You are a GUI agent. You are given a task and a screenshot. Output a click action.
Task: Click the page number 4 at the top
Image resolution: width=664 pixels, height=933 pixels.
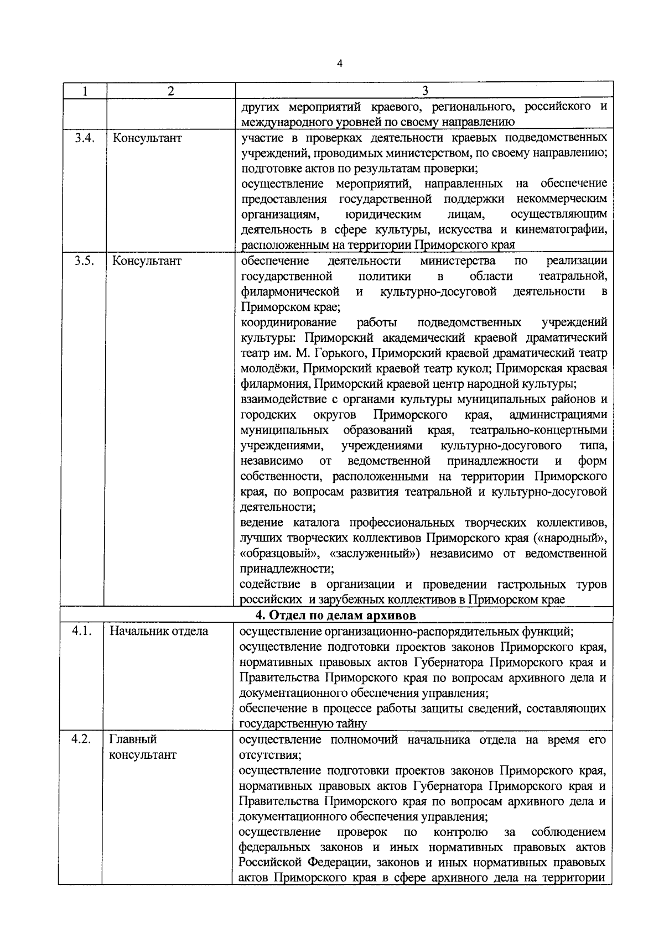click(340, 64)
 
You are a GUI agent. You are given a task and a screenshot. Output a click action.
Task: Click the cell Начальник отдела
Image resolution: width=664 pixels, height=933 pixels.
click(159, 631)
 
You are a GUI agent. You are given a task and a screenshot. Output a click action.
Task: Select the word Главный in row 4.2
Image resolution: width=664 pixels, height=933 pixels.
click(133, 739)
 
